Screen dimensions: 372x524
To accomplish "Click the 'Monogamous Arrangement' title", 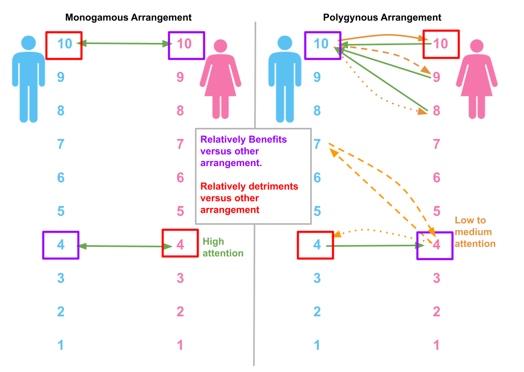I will point(128,17).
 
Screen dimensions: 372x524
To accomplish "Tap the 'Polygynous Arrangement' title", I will point(382,17).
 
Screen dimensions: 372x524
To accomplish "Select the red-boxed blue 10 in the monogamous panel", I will point(64,44).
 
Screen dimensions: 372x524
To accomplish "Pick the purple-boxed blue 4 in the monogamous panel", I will point(61,245).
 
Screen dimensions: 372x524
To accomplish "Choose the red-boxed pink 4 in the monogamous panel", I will point(180,245).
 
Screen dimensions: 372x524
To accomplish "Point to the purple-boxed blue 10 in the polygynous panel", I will point(321,44).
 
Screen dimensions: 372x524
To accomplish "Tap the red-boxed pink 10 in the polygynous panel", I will point(441,44).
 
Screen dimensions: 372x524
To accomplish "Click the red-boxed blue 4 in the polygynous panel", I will point(316,245).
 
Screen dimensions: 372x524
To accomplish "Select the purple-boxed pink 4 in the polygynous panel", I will point(436,245).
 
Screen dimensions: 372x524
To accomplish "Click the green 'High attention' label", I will point(223,247).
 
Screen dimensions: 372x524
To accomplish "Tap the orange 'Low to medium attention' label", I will point(475,232).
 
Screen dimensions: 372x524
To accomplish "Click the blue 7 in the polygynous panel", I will point(317,144).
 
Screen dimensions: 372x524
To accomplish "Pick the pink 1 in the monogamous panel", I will point(180,345).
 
